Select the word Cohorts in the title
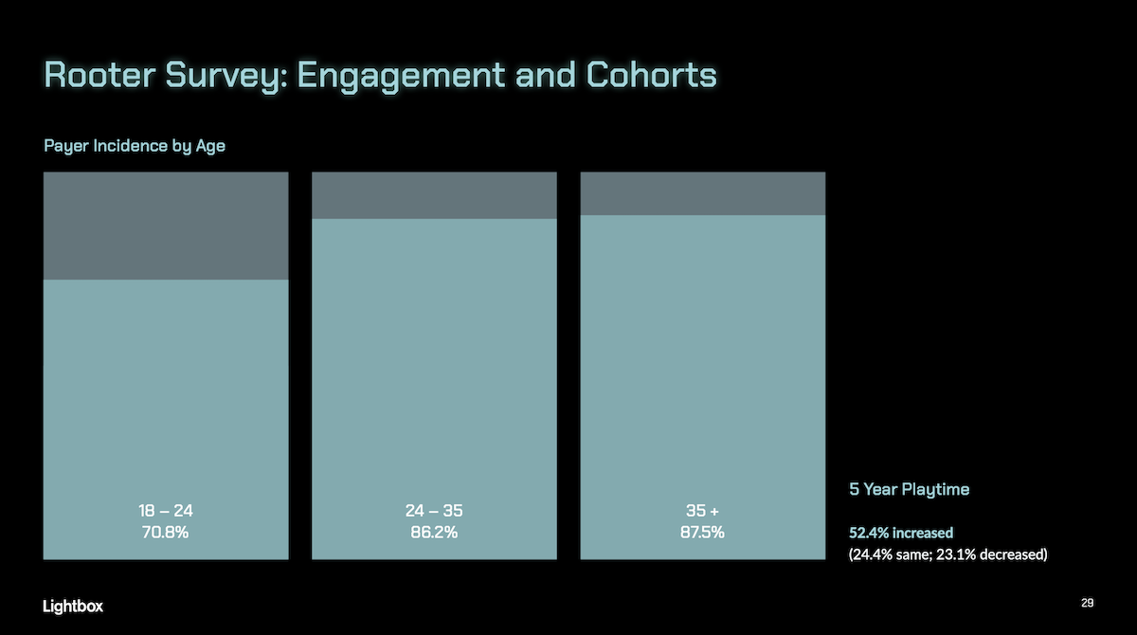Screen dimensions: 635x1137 (x=652, y=75)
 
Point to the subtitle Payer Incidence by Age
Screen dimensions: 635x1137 (x=135, y=147)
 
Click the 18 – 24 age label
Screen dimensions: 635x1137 (x=166, y=511)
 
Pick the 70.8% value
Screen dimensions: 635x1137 (x=166, y=533)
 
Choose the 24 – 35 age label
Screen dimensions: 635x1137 (x=434, y=511)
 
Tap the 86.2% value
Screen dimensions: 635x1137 (x=434, y=533)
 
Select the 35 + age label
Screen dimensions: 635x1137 (x=702, y=511)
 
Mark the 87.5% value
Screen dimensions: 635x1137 (x=702, y=533)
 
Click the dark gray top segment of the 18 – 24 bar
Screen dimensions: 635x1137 (x=166, y=226)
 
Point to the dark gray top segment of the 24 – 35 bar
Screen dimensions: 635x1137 (x=434, y=195)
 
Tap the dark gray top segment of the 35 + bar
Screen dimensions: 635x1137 (x=702, y=193)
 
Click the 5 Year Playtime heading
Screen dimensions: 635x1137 (x=909, y=490)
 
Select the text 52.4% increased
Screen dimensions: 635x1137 (x=901, y=533)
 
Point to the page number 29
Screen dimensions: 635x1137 (x=1087, y=604)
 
